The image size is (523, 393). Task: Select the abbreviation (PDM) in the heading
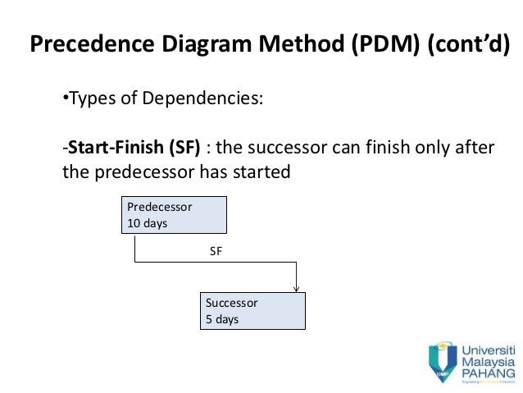point(373,45)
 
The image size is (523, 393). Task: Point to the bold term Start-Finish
point(116,149)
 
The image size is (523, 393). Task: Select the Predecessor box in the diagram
point(174,215)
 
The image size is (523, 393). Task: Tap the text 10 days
point(147,223)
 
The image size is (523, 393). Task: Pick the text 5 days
point(222,319)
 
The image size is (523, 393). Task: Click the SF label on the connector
point(216,253)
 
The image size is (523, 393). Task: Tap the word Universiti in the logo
point(489,348)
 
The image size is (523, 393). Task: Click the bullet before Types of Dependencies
point(66,99)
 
